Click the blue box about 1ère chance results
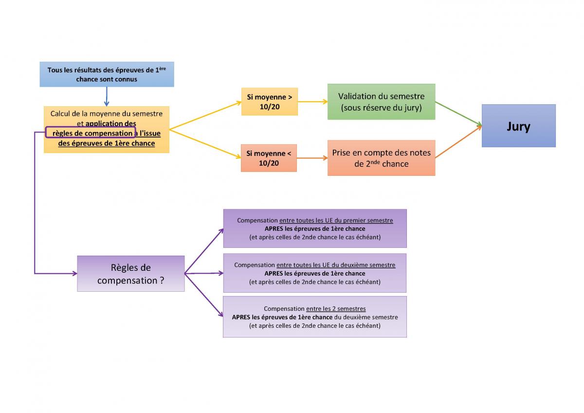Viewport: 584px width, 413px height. (107, 75)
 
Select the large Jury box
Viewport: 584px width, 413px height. (518, 126)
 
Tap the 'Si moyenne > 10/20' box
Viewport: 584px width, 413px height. (269, 101)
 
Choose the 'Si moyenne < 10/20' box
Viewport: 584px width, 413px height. (269, 158)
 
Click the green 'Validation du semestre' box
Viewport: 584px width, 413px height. (381, 102)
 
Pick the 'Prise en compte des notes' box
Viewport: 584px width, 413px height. (381, 158)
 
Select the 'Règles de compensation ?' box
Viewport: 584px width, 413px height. (130, 274)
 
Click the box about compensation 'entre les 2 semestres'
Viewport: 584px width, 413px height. (314, 317)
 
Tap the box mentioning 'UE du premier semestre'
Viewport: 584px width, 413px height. (314, 228)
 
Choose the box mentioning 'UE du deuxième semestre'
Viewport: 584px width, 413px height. (314, 273)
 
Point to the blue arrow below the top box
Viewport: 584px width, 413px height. (107, 96)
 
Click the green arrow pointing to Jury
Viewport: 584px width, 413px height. (457, 114)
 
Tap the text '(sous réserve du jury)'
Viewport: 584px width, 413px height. (381, 108)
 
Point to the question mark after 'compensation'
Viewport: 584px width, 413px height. (162, 281)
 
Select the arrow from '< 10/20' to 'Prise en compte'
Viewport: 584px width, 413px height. (312, 158)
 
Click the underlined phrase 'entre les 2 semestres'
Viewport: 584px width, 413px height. (336, 309)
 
